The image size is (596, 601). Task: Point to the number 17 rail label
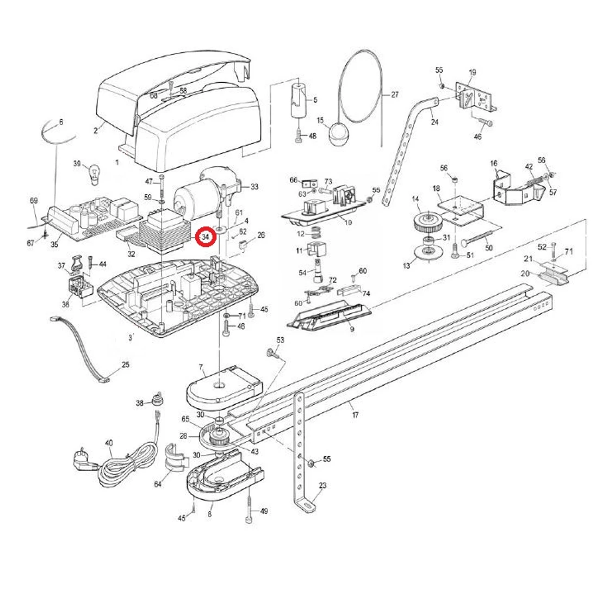pyautogui.click(x=355, y=415)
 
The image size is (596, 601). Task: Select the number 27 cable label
pyautogui.click(x=394, y=95)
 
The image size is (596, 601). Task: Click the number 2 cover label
pyautogui.click(x=95, y=131)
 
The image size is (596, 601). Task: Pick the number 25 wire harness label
pyautogui.click(x=125, y=364)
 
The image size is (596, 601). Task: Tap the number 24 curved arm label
pyautogui.click(x=433, y=122)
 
